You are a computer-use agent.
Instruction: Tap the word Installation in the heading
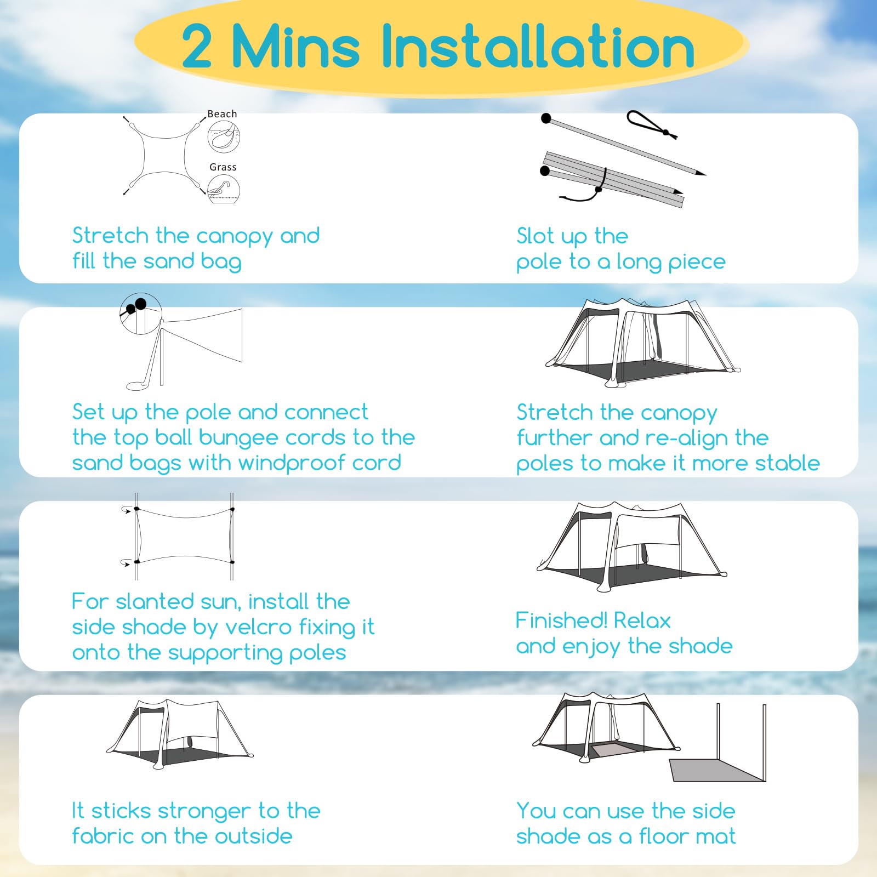coord(538,46)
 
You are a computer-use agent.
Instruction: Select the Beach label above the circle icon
coord(222,114)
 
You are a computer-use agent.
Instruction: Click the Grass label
coord(223,167)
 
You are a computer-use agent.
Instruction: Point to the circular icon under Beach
coord(224,137)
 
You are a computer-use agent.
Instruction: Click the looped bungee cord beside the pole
coord(652,125)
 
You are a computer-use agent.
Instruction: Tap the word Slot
coord(535,236)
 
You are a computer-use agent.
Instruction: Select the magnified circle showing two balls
coord(141,314)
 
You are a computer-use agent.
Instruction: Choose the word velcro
coord(258,627)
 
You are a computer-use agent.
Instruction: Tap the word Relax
coord(642,621)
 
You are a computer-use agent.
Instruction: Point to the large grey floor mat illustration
coord(717,770)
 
